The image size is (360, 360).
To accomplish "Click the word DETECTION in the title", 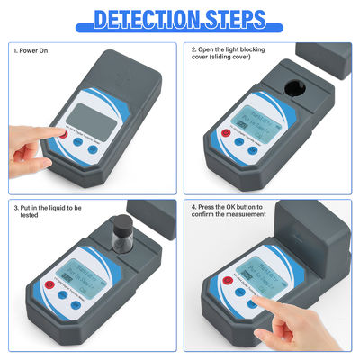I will click(147, 18).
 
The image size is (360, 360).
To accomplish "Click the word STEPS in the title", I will click(236, 18).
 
